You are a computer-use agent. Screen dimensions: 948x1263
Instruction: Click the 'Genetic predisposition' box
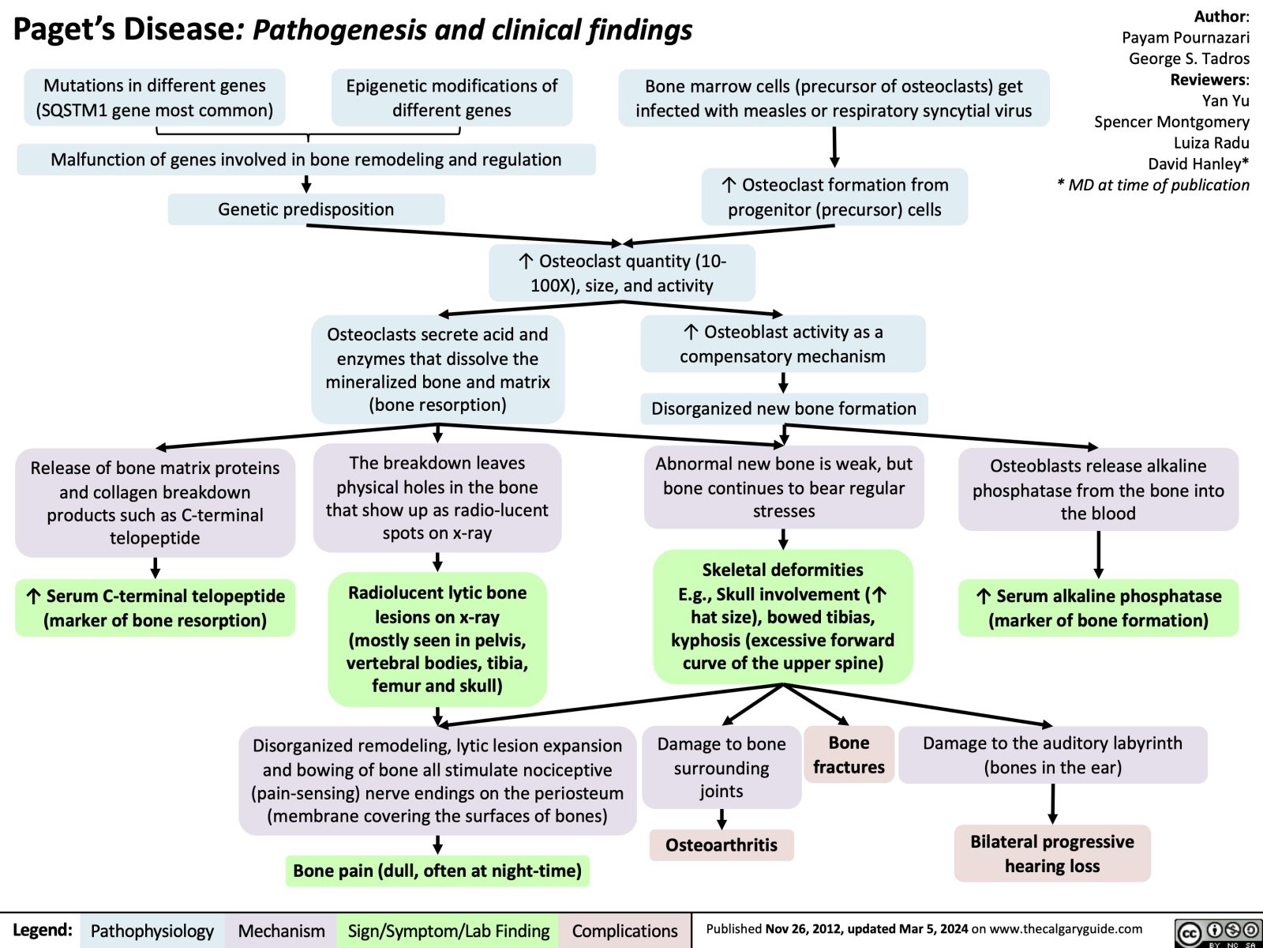tap(306, 209)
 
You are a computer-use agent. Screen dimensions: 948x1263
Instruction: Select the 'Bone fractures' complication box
tap(849, 754)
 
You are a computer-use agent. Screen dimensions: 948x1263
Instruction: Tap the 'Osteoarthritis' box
tap(721, 845)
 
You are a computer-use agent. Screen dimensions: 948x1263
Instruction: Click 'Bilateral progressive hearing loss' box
tap(1051, 853)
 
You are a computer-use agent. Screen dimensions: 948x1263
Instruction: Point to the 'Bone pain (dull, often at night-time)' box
tap(437, 871)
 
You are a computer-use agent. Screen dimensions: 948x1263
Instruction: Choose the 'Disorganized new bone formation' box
tap(783, 408)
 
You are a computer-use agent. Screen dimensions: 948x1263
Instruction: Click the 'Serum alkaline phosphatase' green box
tap(1098, 608)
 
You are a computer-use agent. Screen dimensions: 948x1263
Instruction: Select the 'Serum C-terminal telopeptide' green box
tap(156, 608)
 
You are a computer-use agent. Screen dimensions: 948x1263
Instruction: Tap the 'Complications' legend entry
tap(624, 931)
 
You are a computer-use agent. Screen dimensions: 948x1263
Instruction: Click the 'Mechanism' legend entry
tap(281, 931)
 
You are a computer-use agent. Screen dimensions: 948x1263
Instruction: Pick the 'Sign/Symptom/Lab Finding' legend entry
tap(448, 931)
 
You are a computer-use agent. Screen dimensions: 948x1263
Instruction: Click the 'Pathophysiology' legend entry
tap(152, 931)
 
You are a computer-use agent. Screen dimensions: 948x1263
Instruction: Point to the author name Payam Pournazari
tap(1185, 37)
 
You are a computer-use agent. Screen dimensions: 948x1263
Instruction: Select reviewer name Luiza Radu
tap(1211, 142)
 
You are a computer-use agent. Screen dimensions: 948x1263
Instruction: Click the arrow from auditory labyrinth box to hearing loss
tap(1052, 803)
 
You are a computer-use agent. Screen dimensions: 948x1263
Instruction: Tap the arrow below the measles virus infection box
tap(834, 147)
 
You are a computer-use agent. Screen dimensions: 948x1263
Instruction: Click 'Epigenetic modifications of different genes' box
tap(452, 98)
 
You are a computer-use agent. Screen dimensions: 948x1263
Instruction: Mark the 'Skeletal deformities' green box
tap(782, 616)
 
